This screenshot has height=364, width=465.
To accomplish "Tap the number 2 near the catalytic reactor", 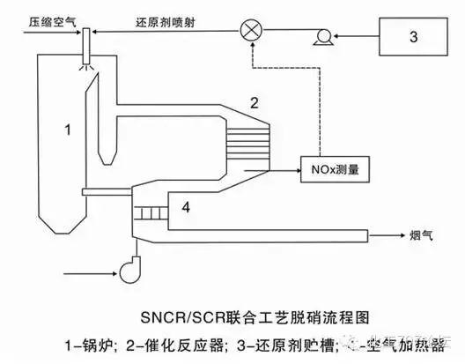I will click(x=254, y=103).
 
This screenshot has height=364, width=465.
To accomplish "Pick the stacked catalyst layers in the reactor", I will click(x=258, y=135).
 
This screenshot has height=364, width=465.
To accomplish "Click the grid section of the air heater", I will click(x=151, y=212).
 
